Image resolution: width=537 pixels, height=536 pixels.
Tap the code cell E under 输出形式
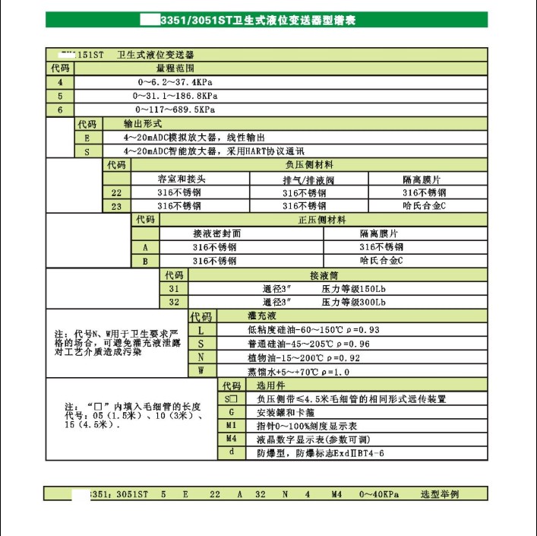tap(87, 138)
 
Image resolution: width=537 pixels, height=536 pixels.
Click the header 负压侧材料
tap(308, 164)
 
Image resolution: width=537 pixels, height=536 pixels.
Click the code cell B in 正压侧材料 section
tap(145, 262)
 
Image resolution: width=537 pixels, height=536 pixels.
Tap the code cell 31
tap(174, 289)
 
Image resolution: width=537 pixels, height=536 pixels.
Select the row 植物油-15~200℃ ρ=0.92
tap(303, 357)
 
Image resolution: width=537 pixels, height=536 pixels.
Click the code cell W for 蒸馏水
tap(201, 371)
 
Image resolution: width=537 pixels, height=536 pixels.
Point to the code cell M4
tap(232, 439)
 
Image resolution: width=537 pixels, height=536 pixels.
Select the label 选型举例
tap(440, 494)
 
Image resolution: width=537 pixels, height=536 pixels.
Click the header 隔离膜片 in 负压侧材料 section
tap(422, 179)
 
